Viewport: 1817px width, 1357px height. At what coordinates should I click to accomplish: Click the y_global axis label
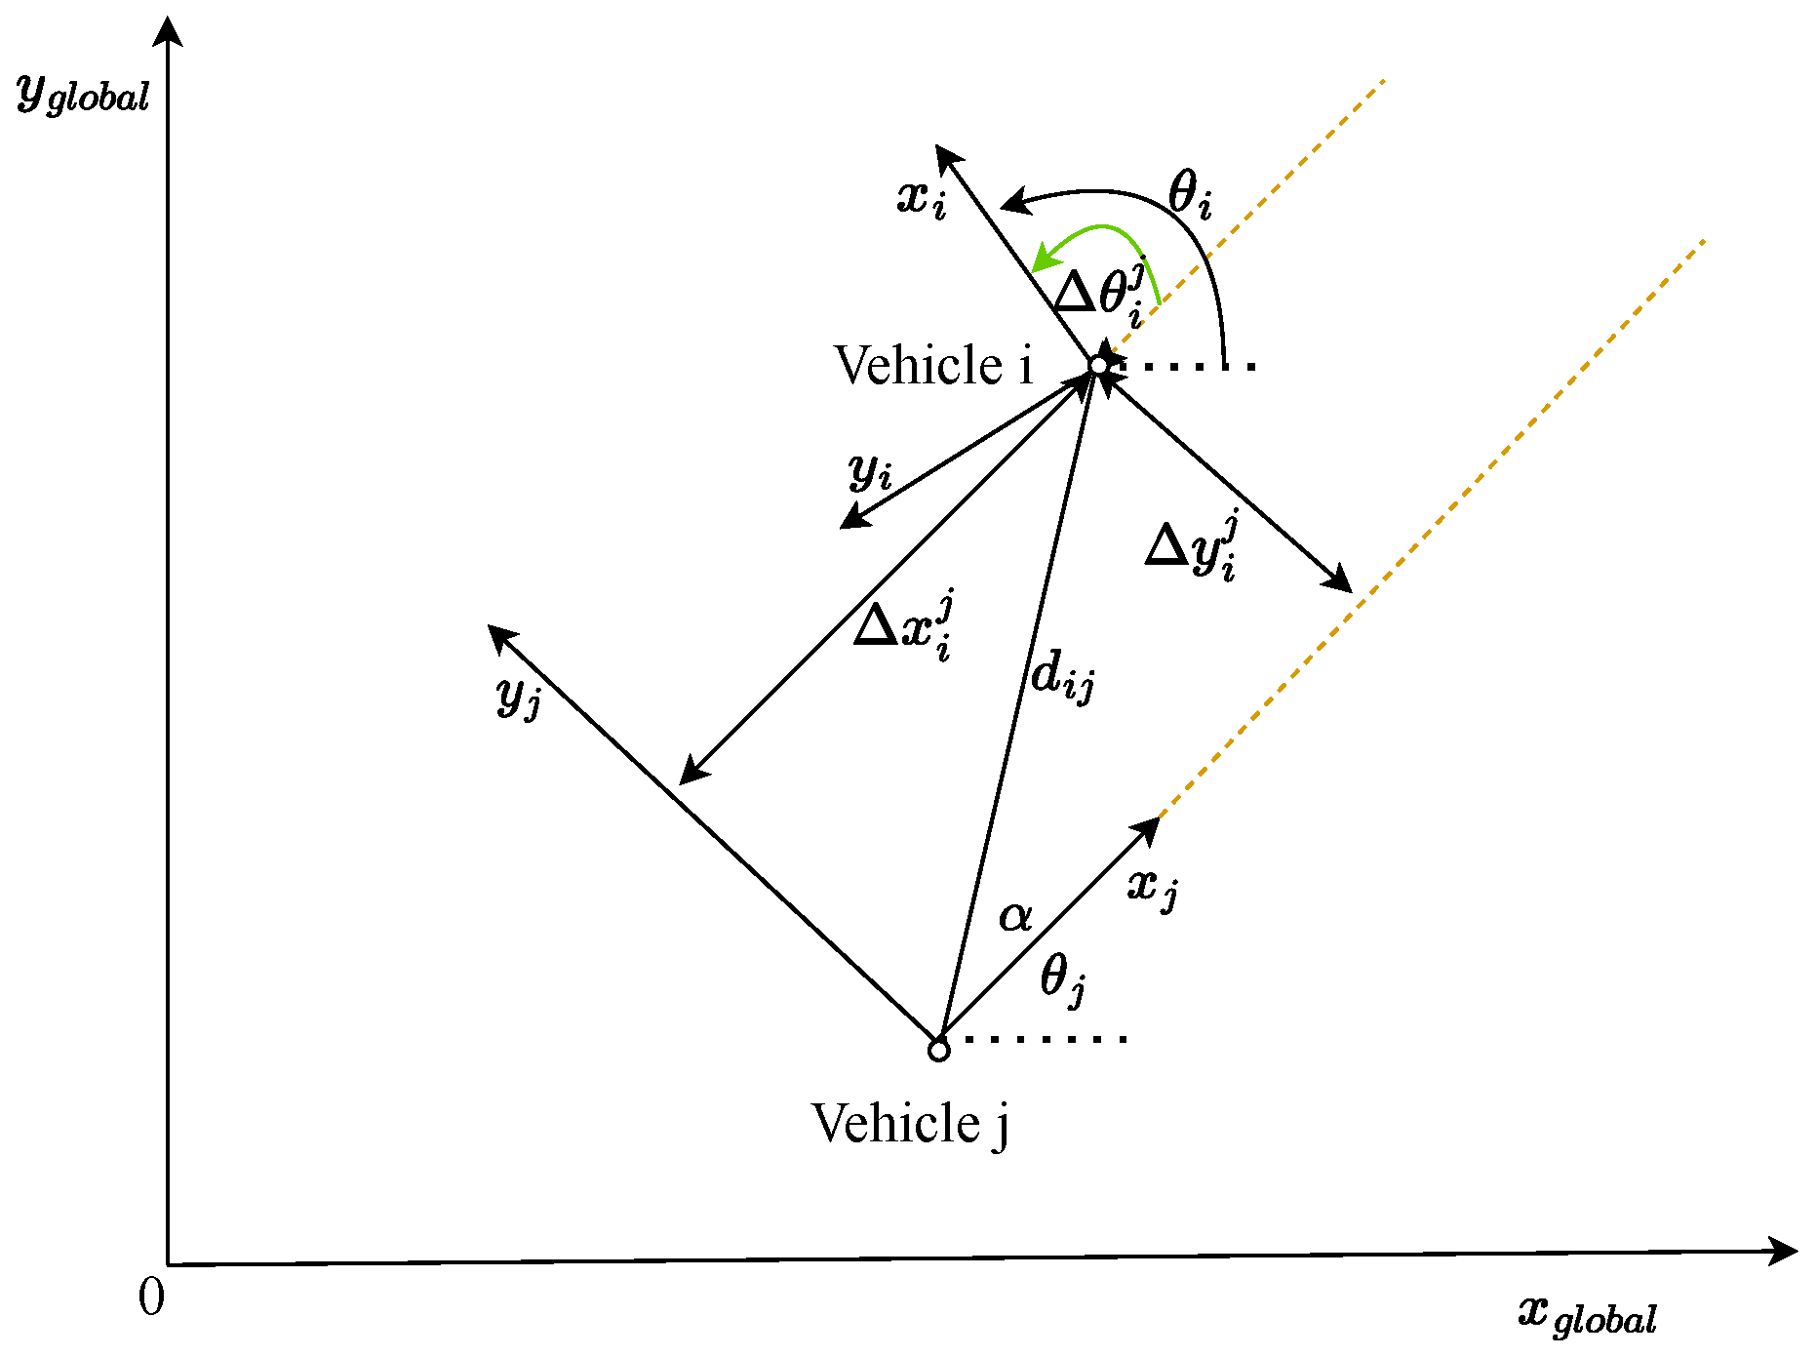click(84, 95)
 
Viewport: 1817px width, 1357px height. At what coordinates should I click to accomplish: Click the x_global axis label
click(1587, 1315)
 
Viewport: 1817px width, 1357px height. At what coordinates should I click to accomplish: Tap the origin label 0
click(151, 1298)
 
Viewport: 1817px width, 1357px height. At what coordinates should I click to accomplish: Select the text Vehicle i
click(933, 366)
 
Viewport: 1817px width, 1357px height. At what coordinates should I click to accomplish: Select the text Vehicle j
click(910, 1124)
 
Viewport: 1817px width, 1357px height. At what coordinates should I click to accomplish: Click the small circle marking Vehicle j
click(938, 1051)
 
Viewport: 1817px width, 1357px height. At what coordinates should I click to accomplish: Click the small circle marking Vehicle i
click(1098, 365)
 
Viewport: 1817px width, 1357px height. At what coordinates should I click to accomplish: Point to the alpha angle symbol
click(1014, 916)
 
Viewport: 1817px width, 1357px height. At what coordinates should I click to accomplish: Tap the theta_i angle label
click(1189, 193)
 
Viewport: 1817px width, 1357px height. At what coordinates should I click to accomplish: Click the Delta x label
click(903, 626)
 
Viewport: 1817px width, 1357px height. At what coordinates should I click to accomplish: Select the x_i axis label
click(921, 198)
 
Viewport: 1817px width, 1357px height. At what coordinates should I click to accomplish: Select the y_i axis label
click(870, 471)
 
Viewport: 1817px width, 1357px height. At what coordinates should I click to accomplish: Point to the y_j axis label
click(518, 696)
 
